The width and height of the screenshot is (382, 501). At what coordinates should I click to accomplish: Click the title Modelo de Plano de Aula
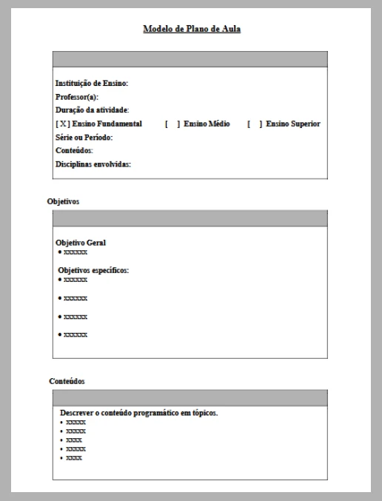[192, 30]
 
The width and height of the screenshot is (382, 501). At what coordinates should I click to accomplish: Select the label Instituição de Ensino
[92, 84]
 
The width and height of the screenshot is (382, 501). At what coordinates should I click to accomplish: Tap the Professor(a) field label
[77, 97]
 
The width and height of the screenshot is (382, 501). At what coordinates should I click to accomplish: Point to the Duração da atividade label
[93, 110]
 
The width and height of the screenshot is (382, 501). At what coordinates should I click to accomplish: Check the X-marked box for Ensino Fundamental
[63, 124]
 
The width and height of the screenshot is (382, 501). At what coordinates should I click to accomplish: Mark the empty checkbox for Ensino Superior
[255, 124]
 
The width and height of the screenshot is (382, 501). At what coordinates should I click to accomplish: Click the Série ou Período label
[84, 137]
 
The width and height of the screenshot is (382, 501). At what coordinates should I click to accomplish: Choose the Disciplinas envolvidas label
[93, 164]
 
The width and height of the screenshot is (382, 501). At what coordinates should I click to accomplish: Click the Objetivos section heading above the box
[63, 201]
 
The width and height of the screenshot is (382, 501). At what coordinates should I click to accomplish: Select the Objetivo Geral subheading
[81, 242]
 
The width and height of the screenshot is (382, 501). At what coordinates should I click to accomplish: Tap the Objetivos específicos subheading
[93, 270]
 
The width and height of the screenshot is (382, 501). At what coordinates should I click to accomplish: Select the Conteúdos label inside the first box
[74, 150]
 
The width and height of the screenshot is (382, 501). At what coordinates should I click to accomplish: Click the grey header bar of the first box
[190, 60]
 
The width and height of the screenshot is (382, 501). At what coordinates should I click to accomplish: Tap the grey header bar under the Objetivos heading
[190, 218]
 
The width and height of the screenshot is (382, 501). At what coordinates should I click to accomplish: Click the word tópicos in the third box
[204, 412]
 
